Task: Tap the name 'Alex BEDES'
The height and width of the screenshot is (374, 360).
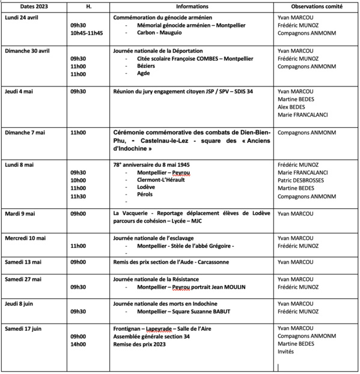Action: tap(293, 106)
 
